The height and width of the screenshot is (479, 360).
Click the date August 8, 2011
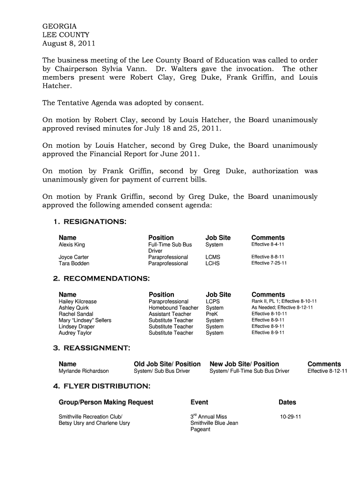pos(69,44)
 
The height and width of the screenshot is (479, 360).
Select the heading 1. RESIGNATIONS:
pos(90,221)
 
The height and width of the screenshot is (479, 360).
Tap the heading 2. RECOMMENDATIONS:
pos(101,278)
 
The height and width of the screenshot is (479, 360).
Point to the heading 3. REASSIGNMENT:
pos(92,348)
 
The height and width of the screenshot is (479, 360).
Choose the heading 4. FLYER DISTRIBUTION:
pos(101,386)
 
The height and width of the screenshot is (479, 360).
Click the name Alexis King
pos(72,245)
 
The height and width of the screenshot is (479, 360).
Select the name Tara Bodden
pos(73,263)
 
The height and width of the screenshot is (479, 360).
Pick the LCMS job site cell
pos(213,257)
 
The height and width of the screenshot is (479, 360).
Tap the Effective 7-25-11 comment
pos(269,263)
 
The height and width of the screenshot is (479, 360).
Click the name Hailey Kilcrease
pos(78,302)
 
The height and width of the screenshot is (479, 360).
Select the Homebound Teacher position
pos(173,308)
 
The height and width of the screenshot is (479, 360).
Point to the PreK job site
pos(212,314)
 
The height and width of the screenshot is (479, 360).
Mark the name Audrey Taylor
pos(75,333)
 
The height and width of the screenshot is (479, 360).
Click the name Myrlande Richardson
pos(84,371)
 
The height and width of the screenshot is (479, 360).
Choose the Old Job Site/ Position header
pos(167,364)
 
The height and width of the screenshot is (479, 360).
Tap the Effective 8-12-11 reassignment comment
pos(327,371)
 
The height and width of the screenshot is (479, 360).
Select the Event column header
pos(200,402)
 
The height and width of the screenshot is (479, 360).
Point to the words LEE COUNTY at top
pos(66,35)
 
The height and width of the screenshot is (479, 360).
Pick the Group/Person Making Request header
pos(106,402)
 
